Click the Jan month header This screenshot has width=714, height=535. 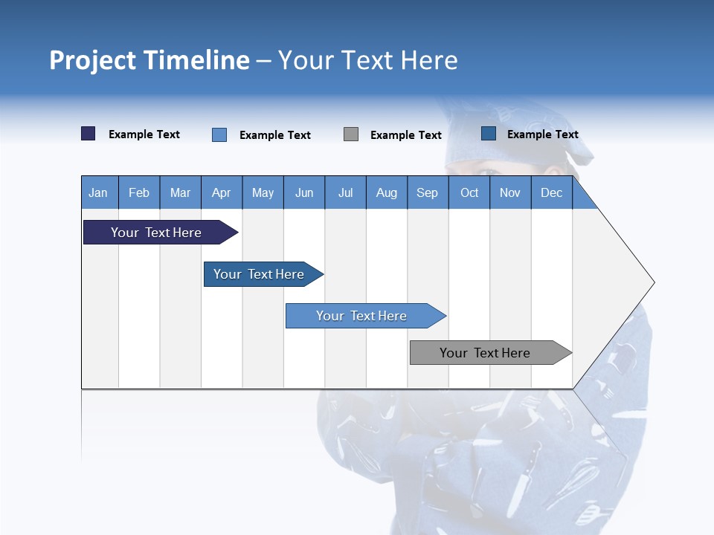[x=98, y=193]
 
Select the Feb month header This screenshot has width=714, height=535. [x=139, y=193]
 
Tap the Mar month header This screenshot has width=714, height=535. [x=180, y=193]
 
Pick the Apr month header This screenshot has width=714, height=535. [x=222, y=193]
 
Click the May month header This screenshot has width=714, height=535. [x=263, y=193]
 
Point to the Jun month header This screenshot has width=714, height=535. [x=304, y=193]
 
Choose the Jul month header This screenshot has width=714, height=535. [x=345, y=193]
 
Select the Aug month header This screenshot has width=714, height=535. [x=387, y=193]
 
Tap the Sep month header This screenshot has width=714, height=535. [x=428, y=193]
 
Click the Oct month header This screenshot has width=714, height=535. [x=469, y=193]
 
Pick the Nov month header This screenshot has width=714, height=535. [x=510, y=193]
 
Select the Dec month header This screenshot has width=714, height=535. [x=552, y=193]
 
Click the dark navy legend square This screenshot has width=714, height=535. [x=89, y=134]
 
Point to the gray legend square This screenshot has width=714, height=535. [x=351, y=134]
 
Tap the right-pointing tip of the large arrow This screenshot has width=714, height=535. [x=652, y=282]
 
